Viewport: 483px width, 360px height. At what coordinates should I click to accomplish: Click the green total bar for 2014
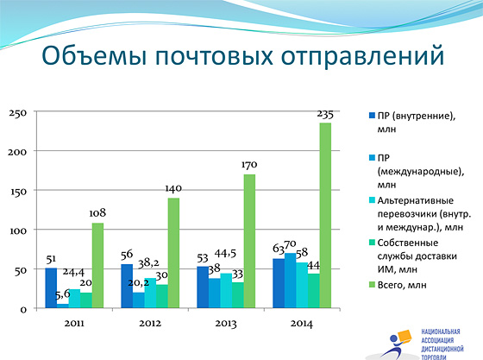[325, 216]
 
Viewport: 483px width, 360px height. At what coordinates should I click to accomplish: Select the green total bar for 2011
[97, 265]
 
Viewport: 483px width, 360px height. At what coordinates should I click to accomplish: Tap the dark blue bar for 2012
[127, 286]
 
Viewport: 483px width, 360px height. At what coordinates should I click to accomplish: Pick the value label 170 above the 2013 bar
[249, 165]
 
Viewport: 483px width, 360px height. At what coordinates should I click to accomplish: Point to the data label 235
[325, 115]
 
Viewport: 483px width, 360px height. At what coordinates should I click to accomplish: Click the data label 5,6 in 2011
[62, 295]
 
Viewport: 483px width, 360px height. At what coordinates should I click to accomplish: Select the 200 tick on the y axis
[17, 152]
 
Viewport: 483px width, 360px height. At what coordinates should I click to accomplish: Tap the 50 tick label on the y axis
[21, 271]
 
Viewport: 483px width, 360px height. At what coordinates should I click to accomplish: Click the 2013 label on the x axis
[226, 324]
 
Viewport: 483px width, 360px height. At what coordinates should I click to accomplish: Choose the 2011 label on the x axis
[74, 324]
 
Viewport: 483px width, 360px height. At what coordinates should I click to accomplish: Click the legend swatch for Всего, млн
[372, 285]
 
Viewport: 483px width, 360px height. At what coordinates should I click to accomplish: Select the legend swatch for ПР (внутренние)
[372, 116]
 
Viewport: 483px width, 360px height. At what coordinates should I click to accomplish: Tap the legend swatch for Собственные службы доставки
[372, 243]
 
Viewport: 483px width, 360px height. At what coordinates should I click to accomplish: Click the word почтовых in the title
[214, 56]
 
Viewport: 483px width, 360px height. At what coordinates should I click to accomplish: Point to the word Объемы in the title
[94, 56]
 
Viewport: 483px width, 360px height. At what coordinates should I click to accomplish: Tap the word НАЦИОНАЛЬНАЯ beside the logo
[441, 332]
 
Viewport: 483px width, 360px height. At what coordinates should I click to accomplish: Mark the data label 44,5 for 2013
[225, 253]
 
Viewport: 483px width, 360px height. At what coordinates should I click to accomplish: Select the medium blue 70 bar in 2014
[290, 281]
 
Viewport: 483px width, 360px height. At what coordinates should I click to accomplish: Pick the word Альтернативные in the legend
[416, 200]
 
